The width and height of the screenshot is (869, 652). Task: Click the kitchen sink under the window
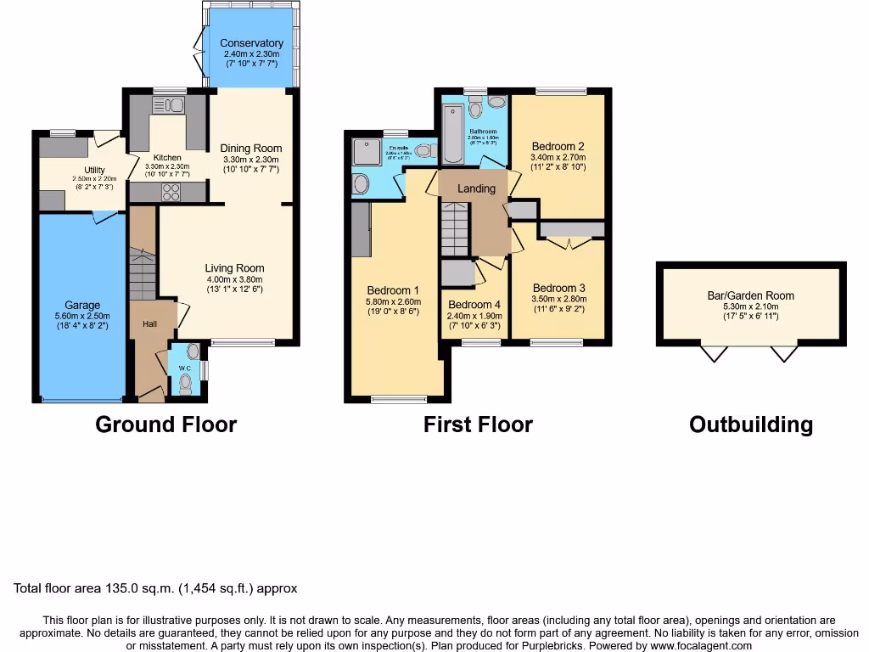168,105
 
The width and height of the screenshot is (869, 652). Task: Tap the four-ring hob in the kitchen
171,192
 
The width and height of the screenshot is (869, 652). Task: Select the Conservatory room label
251,43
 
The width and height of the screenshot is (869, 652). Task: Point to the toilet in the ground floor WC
186,384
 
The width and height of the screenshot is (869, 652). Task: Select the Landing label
476,188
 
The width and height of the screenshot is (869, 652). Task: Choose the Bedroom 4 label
474,305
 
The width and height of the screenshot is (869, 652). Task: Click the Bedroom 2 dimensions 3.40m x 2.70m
557,157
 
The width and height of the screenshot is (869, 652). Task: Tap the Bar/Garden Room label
750,296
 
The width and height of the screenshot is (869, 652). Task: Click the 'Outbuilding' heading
750,424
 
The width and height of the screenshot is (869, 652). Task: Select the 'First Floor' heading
478,424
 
